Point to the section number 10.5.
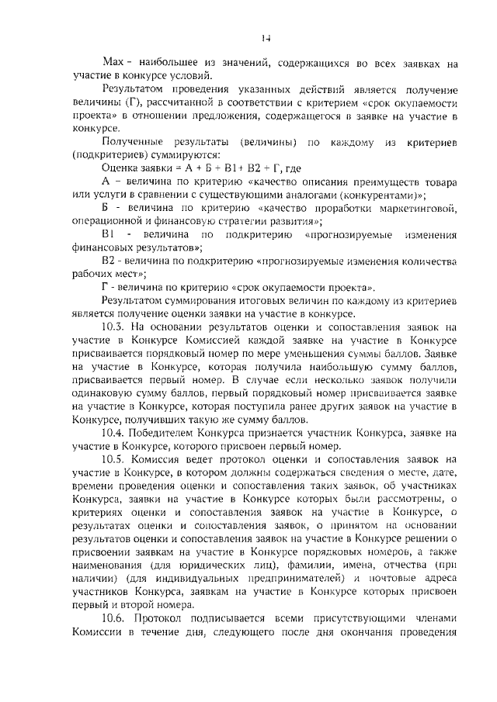[113, 459]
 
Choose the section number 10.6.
[113, 619]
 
